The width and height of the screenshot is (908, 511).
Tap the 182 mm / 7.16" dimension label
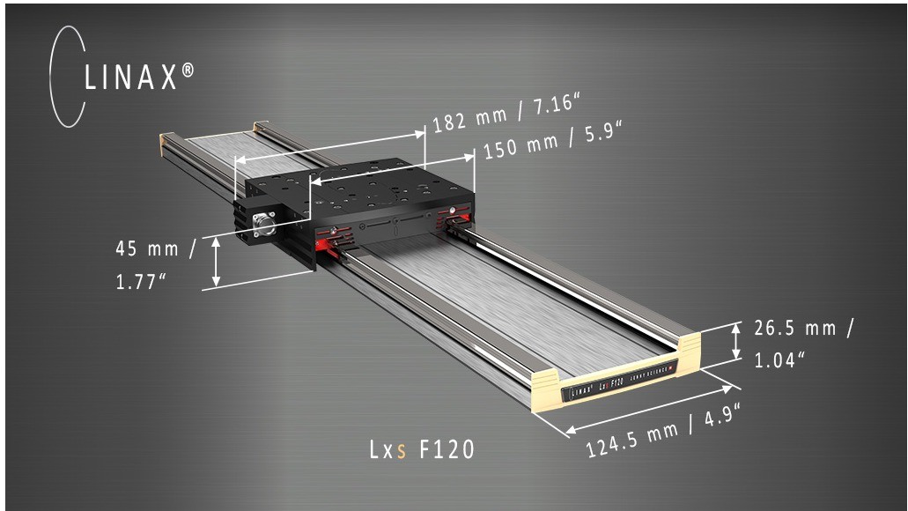pyautogui.click(x=503, y=115)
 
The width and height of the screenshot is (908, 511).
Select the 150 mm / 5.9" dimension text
pyautogui.click(x=553, y=144)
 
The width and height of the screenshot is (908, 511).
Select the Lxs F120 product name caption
pyautogui.click(x=421, y=449)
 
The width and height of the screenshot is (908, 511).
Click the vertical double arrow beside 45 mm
pyautogui.click(x=216, y=262)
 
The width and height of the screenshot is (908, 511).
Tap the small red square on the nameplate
pyautogui.click(x=673, y=367)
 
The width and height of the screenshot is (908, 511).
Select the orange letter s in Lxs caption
pyautogui.click(x=402, y=451)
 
